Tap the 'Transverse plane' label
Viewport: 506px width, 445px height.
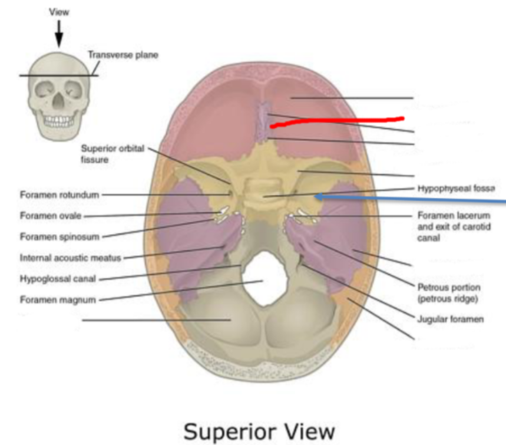coord(123,55)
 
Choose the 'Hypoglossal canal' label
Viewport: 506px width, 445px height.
coord(58,279)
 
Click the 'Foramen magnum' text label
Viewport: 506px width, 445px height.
coord(57,299)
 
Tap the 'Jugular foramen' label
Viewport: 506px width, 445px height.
coord(451,319)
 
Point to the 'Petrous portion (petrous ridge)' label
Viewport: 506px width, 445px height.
coord(449,292)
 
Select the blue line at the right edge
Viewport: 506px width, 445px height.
coord(412,199)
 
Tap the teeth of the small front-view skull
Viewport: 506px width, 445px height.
coord(59,121)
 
